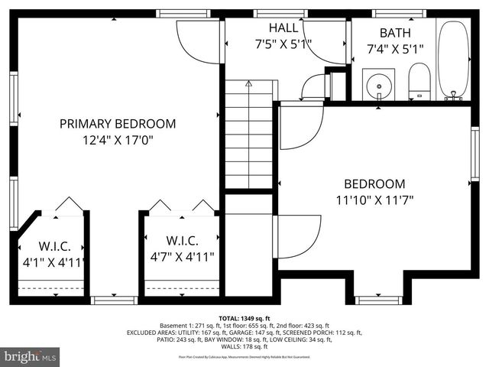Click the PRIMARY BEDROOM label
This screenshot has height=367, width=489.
[x=118, y=123]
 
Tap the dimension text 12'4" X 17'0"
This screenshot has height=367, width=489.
[x=118, y=140]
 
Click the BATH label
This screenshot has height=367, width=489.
[x=395, y=33]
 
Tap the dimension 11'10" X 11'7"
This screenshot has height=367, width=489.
[x=374, y=201]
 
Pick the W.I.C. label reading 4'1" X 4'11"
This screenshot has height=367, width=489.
[x=55, y=246]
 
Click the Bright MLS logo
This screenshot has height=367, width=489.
[x=31, y=356]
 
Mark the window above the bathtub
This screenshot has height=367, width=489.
[x=394, y=13]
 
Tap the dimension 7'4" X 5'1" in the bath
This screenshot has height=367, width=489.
[x=395, y=49]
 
